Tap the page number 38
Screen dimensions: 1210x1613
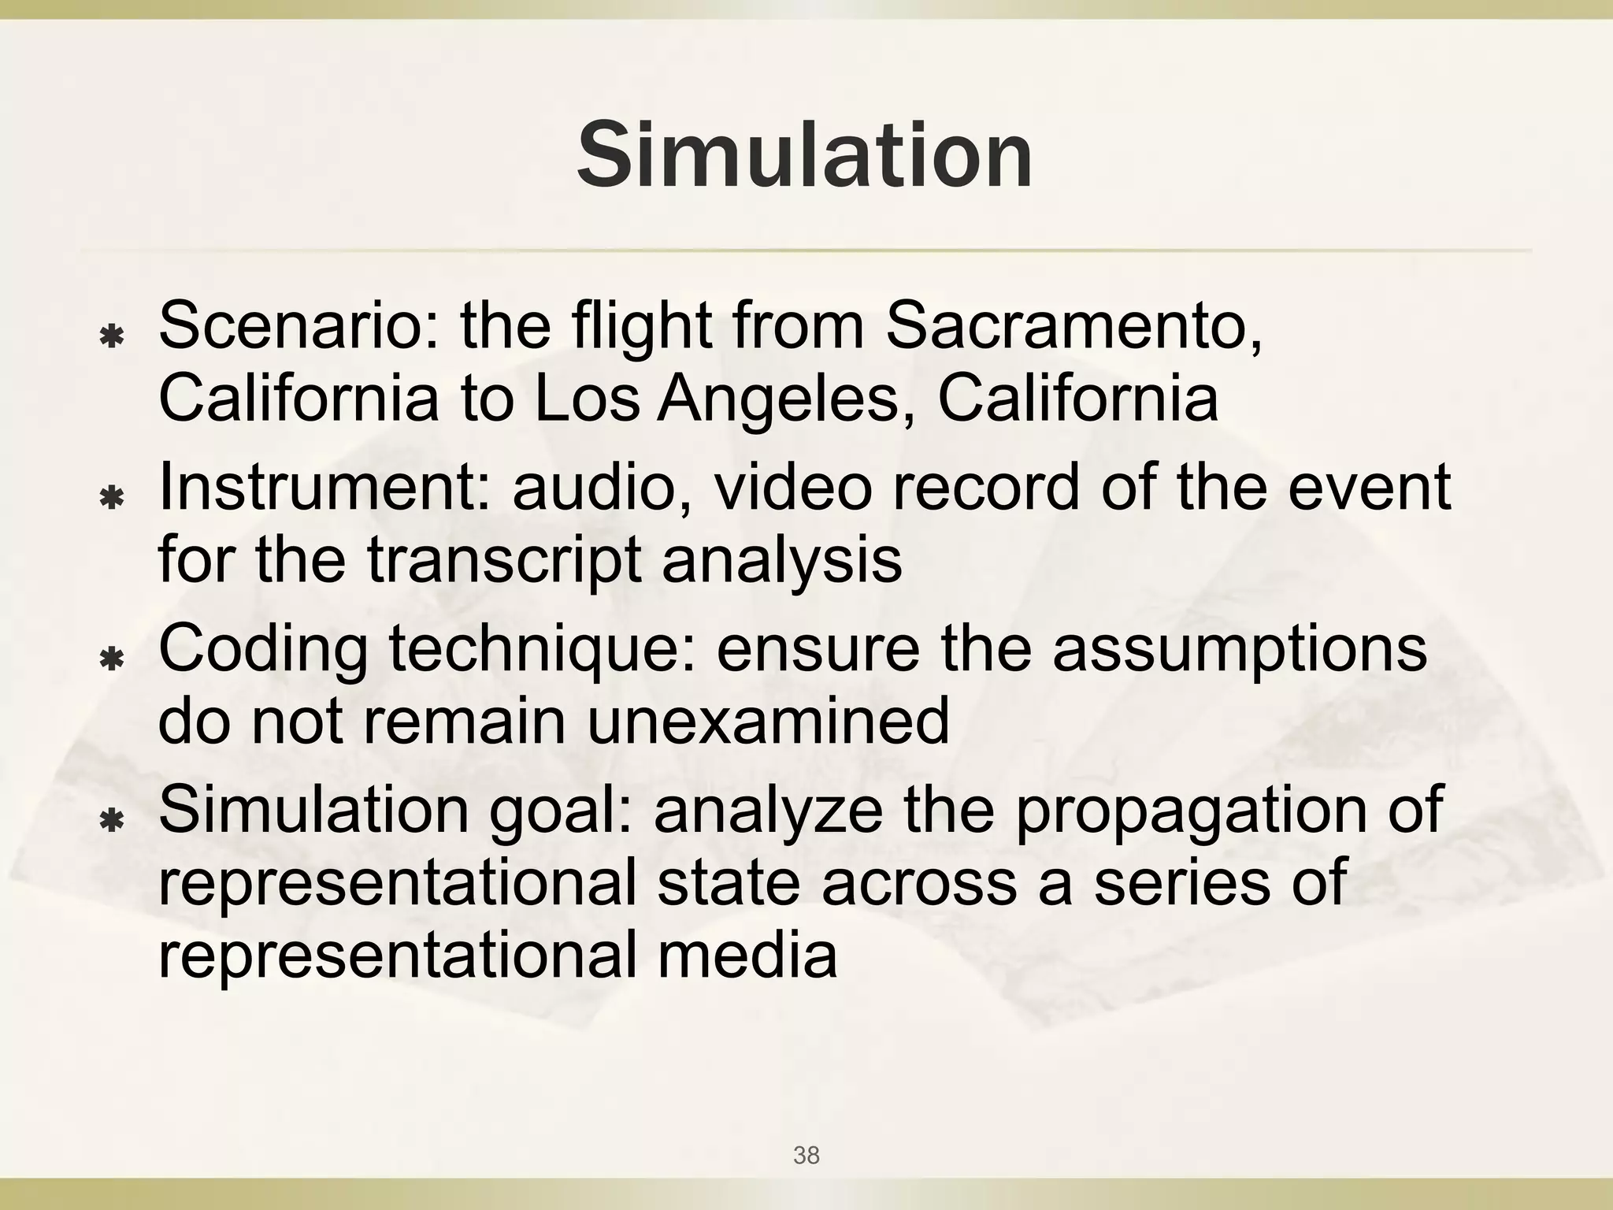(x=806, y=1156)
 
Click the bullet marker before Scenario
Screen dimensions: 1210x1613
(x=112, y=338)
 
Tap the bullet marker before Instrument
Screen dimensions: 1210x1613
(x=112, y=499)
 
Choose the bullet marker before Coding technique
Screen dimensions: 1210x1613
(x=112, y=659)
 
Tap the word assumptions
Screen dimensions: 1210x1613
(x=1240, y=648)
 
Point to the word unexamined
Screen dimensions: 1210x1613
(x=768, y=720)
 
